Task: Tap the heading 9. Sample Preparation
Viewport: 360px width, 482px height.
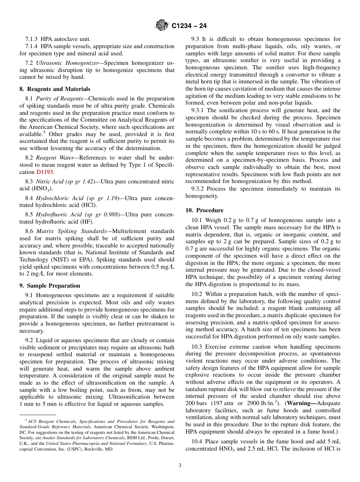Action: pos(50,286)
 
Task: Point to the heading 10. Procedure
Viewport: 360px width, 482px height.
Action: pos(204,210)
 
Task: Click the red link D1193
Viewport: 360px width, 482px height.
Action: pos(45,172)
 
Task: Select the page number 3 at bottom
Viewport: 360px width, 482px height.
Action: pos(180,465)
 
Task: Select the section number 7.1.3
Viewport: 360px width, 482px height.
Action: pos(31,39)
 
